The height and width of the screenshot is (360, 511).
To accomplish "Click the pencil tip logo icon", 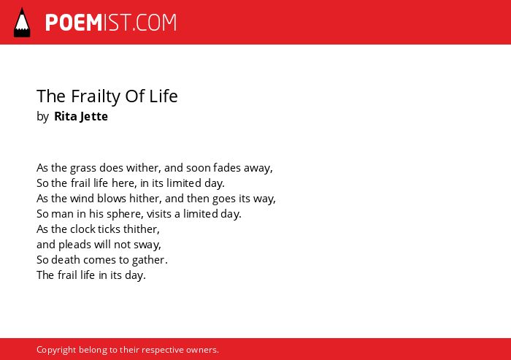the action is pos(22,22).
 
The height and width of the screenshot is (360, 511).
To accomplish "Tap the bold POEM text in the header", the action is pos(74,23).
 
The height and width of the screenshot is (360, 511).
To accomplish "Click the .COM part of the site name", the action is pos(155,23).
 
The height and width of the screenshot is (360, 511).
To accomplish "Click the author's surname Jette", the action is pos(94,116).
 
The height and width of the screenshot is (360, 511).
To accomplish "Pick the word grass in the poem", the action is pos(82,168).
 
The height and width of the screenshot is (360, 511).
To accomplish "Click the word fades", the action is pos(227,168).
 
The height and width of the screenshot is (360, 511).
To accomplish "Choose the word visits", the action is pos(158,214).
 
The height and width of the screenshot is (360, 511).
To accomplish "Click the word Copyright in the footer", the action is pos(56,350).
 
